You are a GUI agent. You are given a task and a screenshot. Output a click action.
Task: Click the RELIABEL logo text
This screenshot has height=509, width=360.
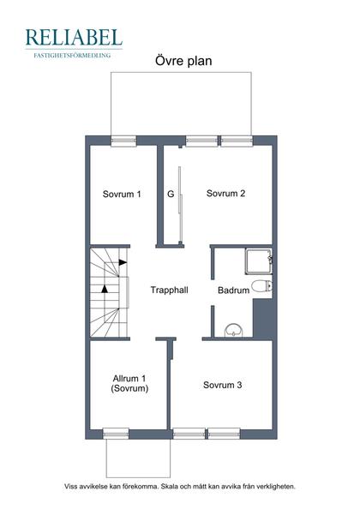coord(74,37)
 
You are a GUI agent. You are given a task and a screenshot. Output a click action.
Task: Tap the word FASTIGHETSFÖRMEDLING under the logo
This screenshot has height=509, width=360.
coord(72,55)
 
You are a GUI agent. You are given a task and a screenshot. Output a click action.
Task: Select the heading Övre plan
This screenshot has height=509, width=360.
coord(183,61)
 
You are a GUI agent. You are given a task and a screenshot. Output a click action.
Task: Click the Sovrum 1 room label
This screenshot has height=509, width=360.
coord(122,195)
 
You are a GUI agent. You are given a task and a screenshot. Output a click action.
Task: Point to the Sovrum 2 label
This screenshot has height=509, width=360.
coord(225,194)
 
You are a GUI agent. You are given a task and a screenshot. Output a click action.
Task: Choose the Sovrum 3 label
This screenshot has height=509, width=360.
coord(222,385)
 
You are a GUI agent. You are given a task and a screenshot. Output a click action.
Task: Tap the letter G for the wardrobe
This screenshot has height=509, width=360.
coord(171,195)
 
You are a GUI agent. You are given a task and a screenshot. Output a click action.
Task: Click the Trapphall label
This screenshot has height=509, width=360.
coord(169,290)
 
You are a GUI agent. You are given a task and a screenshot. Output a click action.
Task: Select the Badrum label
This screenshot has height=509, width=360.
coord(233,290)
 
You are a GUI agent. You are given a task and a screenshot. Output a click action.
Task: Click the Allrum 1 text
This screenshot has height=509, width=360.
coord(129,379)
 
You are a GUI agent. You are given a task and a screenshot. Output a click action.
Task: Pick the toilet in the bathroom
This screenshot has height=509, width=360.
coord(261,286)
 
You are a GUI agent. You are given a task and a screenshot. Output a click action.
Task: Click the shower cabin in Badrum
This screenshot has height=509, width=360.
coord(258,261)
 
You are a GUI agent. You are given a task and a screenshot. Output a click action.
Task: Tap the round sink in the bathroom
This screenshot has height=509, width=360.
coord(234,330)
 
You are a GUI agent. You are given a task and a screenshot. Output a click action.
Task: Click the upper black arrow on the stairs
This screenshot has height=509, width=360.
coord(123,262)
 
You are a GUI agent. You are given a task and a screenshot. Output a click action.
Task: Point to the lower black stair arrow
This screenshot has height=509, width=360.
coord(105,289)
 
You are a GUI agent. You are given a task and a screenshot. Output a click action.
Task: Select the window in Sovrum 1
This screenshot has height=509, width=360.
coord(123,141)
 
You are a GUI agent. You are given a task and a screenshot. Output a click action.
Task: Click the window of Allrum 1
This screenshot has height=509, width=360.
coord(116,434)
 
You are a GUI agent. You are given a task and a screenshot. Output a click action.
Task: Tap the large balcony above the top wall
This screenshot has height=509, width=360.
coord(181,104)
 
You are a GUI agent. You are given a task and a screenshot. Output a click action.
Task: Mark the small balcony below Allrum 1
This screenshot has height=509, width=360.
coord(138,458)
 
